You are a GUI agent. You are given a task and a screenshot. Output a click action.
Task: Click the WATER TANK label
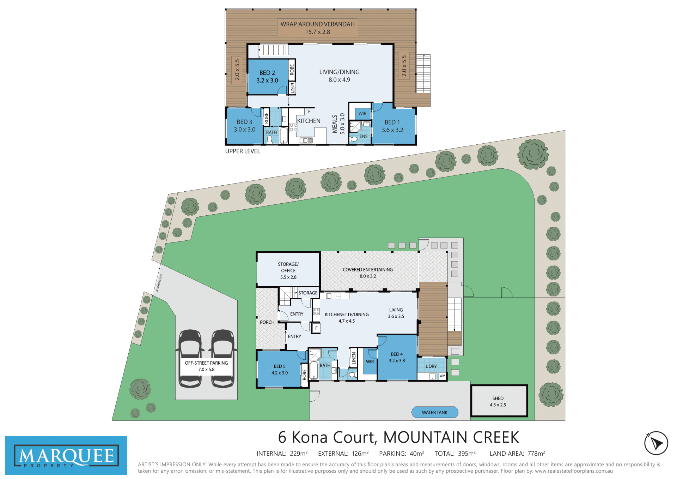(434, 412)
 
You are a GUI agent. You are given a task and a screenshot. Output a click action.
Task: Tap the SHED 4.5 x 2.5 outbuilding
(499, 401)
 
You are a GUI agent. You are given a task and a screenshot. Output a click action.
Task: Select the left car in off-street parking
(190, 359)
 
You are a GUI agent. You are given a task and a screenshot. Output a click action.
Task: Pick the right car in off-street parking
(223, 359)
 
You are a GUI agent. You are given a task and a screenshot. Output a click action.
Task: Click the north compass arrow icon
(656, 443)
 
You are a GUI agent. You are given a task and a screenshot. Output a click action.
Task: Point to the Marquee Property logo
(66, 455)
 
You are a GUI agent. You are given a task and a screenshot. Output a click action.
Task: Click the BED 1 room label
(392, 122)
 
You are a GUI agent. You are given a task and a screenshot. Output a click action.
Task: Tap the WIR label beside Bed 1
(362, 114)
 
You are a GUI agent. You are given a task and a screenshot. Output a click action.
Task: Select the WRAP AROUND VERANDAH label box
(317, 28)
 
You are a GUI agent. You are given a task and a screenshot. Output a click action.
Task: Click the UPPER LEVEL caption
(243, 151)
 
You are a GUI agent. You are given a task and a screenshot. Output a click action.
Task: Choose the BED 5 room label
(280, 366)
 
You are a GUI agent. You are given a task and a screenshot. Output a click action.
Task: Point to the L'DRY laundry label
(431, 366)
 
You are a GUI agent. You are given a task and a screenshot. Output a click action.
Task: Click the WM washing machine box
(443, 376)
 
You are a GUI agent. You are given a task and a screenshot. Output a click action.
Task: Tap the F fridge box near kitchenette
(316, 328)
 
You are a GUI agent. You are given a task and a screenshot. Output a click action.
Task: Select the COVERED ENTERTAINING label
(368, 270)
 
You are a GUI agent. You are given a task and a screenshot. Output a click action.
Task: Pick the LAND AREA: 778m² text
(517, 454)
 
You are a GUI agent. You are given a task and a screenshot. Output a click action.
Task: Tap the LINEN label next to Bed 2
(292, 88)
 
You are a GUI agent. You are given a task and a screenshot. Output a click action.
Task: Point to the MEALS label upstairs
(335, 124)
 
